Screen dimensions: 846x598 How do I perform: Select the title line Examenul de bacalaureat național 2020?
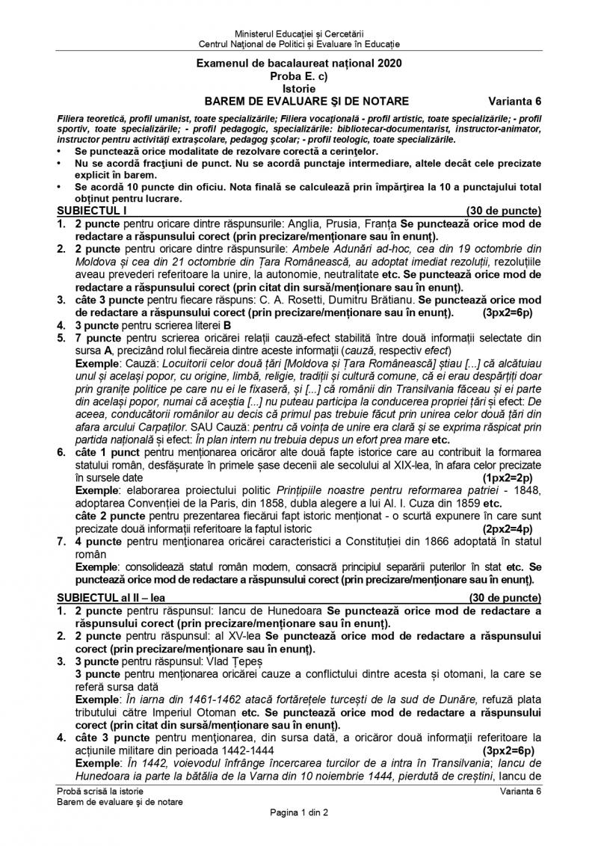(298, 64)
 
